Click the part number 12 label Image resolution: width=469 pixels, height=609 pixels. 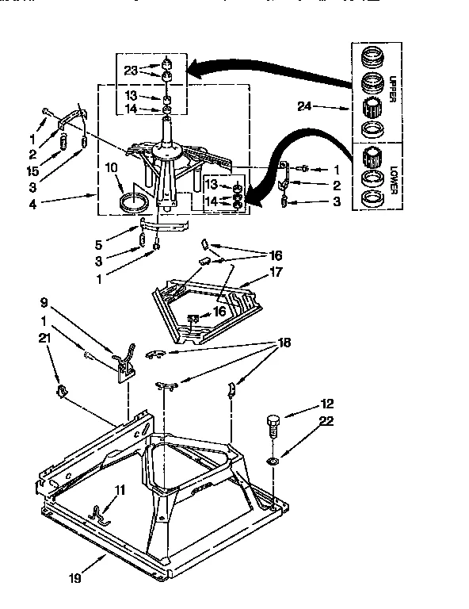(x=326, y=403)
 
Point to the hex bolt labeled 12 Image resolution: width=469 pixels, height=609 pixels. (x=273, y=425)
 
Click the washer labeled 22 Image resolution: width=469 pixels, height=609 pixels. (x=273, y=460)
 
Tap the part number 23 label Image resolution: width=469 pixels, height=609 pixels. (x=131, y=69)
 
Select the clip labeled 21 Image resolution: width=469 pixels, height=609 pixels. (x=60, y=391)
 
